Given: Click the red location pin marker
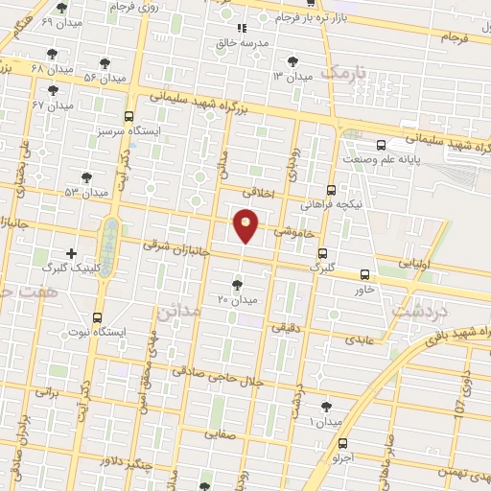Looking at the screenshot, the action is (246, 224).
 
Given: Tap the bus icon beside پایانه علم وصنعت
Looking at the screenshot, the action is (382, 145).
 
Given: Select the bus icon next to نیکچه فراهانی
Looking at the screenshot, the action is (332, 190).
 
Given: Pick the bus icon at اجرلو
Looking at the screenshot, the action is (342, 443).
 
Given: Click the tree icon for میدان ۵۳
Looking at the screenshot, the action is (87, 177).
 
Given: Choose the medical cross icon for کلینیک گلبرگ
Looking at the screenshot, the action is (70, 253).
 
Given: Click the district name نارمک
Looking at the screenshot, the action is (346, 72).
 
